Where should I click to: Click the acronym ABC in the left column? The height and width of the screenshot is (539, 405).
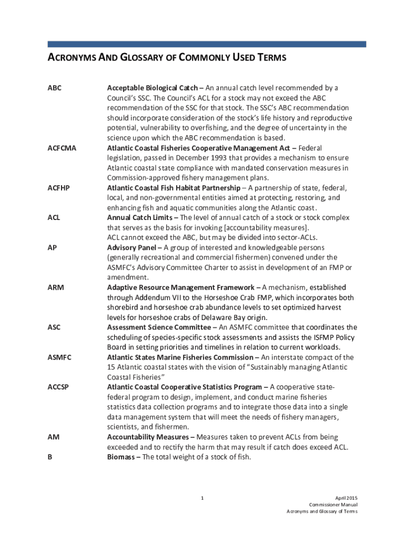click(x=54, y=88)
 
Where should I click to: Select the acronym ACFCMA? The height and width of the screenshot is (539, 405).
click(x=62, y=148)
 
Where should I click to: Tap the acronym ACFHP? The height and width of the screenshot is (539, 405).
click(x=59, y=188)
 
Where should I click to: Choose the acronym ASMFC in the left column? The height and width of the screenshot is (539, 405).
click(x=59, y=358)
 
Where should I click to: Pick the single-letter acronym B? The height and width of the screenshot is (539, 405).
click(x=50, y=457)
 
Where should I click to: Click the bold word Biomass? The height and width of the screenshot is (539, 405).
click(x=122, y=457)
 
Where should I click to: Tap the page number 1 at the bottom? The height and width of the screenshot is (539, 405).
click(x=202, y=498)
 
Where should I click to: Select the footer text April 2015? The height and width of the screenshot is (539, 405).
click(x=346, y=498)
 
